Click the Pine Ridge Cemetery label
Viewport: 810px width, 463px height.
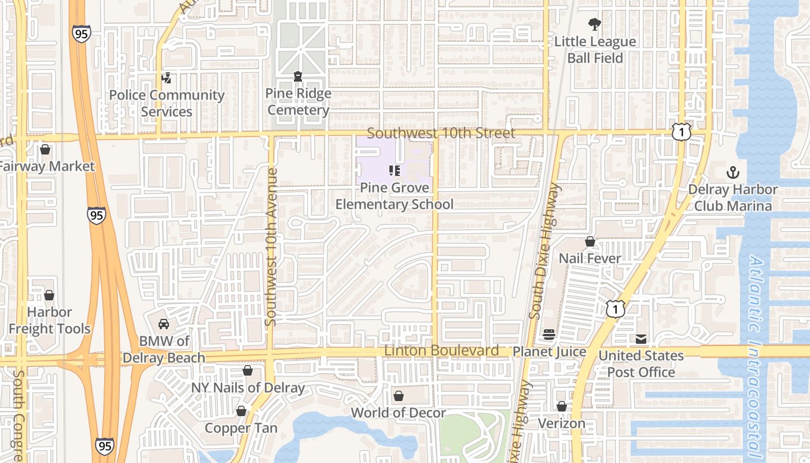(x=299, y=102)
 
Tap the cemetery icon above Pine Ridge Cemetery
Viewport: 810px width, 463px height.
(x=298, y=76)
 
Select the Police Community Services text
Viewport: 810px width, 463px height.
(x=167, y=103)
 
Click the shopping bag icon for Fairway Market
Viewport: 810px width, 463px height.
(x=45, y=150)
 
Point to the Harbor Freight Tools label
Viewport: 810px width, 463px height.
(x=50, y=321)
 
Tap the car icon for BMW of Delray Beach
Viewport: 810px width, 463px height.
(x=164, y=324)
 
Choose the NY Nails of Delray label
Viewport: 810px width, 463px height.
(x=248, y=388)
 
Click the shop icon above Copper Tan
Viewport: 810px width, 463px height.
(x=241, y=411)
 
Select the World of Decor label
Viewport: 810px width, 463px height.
(x=398, y=413)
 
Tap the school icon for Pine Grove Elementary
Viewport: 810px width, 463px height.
(x=395, y=171)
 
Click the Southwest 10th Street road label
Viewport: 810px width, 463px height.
(x=441, y=133)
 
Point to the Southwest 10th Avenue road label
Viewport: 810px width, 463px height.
(x=271, y=246)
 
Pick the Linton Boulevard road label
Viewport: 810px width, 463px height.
(x=441, y=351)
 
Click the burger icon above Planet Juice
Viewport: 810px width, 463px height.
(x=549, y=335)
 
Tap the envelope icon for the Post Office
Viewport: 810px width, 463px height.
(x=641, y=339)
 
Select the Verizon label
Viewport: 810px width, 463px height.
(x=561, y=423)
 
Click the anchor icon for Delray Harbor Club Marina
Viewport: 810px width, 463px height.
(x=733, y=172)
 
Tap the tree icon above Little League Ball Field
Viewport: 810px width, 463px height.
(x=594, y=24)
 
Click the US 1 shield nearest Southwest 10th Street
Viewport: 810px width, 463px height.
(x=682, y=131)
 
